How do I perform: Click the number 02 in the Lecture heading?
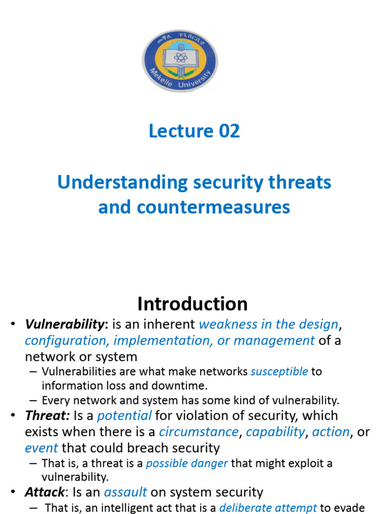228,131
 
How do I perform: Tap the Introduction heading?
192,304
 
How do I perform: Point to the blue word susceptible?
279,372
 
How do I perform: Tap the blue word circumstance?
199,432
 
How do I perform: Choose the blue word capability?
275,432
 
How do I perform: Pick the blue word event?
41,448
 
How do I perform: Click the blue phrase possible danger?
187,463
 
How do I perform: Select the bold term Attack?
45,492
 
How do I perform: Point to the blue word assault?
126,492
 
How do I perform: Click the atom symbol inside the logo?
180,57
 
